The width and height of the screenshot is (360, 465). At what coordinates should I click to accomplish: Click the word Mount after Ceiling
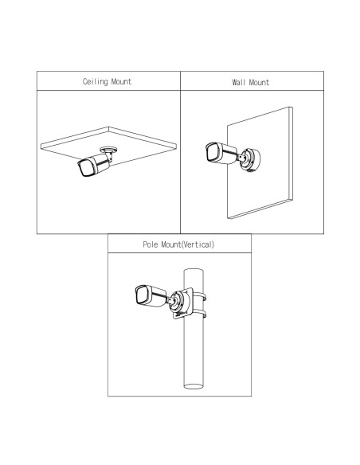(x=121, y=81)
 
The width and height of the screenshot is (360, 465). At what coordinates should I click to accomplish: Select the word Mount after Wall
(x=259, y=82)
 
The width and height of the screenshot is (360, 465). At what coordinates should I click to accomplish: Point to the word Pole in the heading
(x=151, y=244)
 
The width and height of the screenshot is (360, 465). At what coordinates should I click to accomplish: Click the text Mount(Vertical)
(x=187, y=244)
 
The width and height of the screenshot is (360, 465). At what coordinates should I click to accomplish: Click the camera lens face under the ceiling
(x=84, y=168)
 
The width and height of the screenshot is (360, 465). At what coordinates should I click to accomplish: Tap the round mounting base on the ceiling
(x=108, y=150)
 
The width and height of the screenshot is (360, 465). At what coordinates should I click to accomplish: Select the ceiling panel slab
(x=108, y=145)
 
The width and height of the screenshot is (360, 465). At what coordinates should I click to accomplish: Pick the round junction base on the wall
(x=251, y=160)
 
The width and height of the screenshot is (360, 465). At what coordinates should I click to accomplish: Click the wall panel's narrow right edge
(x=291, y=154)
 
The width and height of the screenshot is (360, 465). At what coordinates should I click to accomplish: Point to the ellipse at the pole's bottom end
(x=194, y=386)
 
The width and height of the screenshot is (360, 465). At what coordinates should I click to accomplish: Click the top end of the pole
(x=194, y=271)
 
